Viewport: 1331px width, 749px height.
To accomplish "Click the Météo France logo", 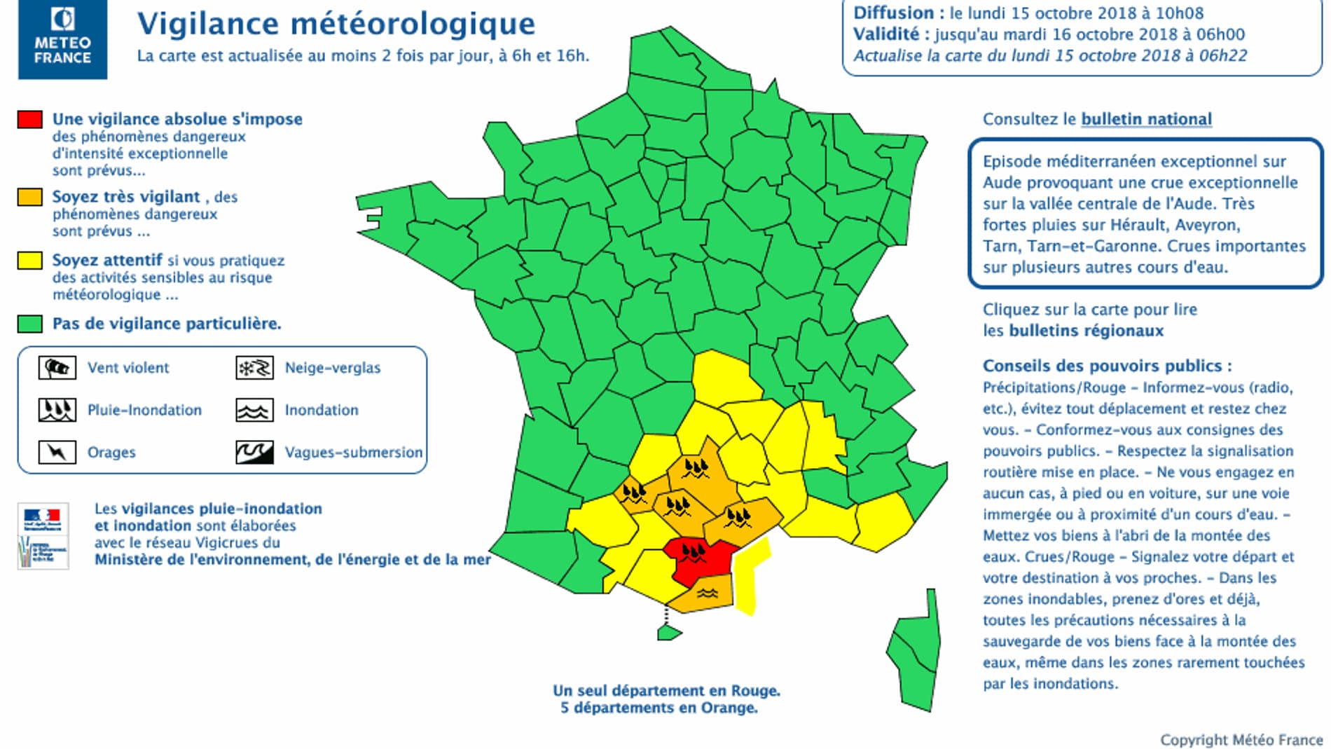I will tap(63, 39).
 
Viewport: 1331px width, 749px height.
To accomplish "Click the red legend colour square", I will tap(30, 119).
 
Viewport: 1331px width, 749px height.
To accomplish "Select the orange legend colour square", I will tap(30, 197).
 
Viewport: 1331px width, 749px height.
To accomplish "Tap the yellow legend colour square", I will tap(30, 261).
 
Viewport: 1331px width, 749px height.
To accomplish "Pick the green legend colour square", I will tap(30, 324).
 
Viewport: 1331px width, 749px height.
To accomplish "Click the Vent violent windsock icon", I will tap(57, 368).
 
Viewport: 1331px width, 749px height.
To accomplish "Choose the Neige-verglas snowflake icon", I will tap(254, 368).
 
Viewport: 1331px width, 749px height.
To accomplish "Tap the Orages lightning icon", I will tap(57, 453).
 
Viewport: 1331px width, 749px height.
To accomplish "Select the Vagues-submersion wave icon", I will tap(254, 453).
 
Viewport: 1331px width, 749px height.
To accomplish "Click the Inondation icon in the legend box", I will tap(254, 411).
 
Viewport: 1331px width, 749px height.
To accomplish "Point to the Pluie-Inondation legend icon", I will tap(57, 411).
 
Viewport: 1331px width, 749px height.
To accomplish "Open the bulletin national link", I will tap(1146, 119).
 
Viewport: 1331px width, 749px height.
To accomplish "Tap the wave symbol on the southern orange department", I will tap(708, 593).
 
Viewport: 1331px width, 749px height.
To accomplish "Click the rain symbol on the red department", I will tap(694, 553).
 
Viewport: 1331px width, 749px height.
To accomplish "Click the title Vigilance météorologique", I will tap(336, 24).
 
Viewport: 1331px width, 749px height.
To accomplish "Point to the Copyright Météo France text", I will tap(1241, 740).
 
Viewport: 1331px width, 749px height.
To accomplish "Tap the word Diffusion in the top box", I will tap(893, 13).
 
